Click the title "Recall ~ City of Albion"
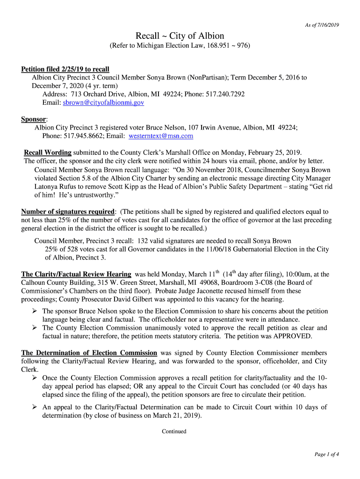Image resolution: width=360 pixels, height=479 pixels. point(180,36)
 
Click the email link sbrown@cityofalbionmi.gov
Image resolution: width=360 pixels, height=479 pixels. point(103,102)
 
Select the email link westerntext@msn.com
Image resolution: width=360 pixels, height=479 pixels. point(161,136)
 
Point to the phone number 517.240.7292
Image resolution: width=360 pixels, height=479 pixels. point(225,94)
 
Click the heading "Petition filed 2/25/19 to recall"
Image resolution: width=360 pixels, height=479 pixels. point(65,69)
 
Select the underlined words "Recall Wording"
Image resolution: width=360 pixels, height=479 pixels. point(48,152)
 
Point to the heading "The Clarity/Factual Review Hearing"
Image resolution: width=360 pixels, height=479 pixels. point(76,274)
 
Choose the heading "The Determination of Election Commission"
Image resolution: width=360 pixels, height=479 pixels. point(89,353)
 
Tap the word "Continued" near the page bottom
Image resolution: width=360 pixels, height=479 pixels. point(174,431)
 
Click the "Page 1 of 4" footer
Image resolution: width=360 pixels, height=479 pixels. point(326,454)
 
